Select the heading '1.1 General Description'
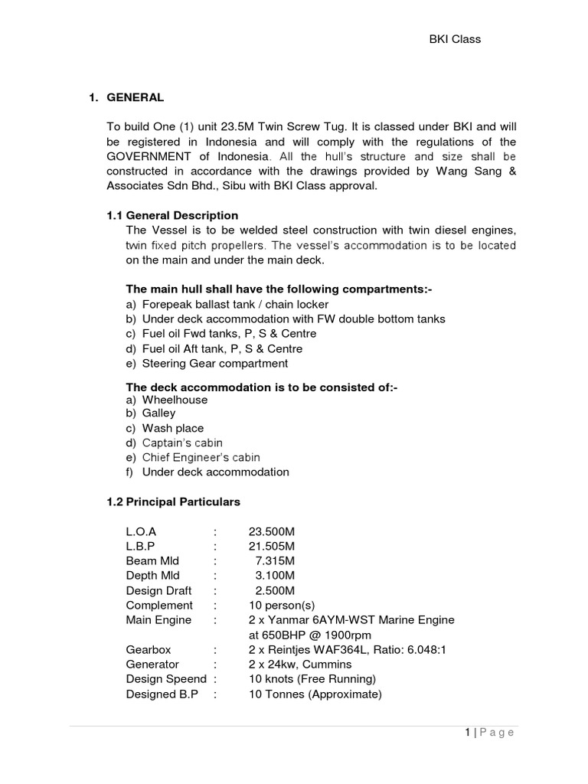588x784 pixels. click(172, 216)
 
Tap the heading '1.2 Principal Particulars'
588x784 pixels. click(173, 502)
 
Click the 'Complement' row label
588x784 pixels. click(159, 605)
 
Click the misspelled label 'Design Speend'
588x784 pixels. click(166, 679)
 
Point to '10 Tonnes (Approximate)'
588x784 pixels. click(314, 694)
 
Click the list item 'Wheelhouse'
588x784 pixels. click(175, 400)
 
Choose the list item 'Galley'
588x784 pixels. click(158, 413)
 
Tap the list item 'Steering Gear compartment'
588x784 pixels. click(215, 363)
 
